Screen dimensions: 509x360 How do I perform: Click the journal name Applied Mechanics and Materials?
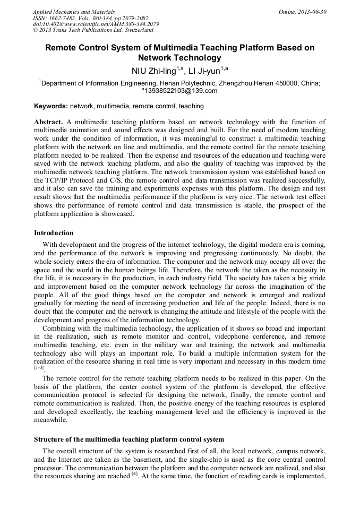[x=74, y=12]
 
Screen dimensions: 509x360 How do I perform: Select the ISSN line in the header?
[x=90, y=18]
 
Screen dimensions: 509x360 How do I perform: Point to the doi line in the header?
[x=96, y=24]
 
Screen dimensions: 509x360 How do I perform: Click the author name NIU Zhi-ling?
[x=155, y=71]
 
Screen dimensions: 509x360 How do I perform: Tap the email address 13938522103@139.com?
[x=181, y=91]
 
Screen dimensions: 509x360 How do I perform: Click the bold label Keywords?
[x=51, y=106]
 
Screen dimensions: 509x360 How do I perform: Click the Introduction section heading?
[x=54, y=233]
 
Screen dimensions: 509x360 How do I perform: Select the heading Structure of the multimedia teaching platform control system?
[x=129, y=439]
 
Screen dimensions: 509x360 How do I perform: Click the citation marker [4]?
[x=135, y=476]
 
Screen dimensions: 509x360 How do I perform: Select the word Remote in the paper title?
[x=62, y=48]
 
